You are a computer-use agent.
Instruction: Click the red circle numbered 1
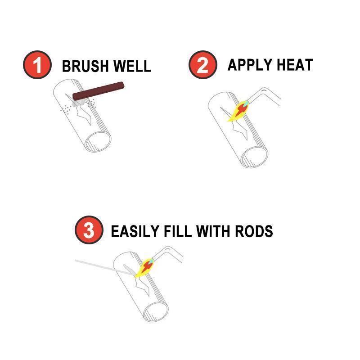tap(37, 65)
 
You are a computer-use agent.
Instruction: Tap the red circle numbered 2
tap(202, 65)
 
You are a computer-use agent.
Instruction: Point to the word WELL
tap(132, 66)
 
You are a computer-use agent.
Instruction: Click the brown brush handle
tap(99, 90)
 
